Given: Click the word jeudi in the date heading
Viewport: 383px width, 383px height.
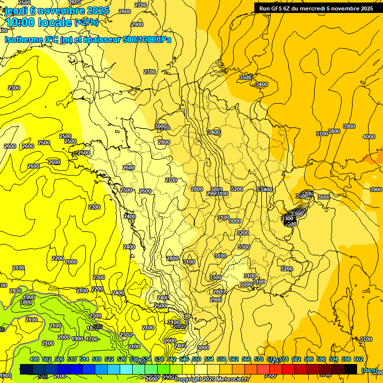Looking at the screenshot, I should tap(16, 10).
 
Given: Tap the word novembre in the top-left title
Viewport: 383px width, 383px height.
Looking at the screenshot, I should tap(61, 10).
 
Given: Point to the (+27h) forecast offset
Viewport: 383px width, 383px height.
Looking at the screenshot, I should tap(86, 22).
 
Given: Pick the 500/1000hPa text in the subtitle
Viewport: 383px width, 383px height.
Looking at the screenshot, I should tap(145, 39).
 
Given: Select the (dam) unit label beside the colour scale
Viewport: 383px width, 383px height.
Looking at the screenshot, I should tap(369, 370).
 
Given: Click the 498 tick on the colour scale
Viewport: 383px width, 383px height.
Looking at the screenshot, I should tap(34, 359).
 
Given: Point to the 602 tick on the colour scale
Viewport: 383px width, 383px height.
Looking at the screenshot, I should tap(358, 359).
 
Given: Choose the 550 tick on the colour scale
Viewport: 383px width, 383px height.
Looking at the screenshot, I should tap(196, 359).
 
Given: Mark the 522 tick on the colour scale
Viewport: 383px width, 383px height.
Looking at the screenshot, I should tap(109, 359).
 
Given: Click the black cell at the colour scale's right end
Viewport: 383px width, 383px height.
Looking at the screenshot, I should tap(351, 369).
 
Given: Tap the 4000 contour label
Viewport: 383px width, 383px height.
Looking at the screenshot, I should tap(369, 137).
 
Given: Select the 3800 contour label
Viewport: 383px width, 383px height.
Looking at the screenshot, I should tap(334, 131).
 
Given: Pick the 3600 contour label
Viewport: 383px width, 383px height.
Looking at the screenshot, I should tap(323, 197).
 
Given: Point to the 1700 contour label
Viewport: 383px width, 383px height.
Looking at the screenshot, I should tap(91, 339).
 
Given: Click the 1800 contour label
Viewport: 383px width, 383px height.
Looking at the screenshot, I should tap(26, 302).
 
